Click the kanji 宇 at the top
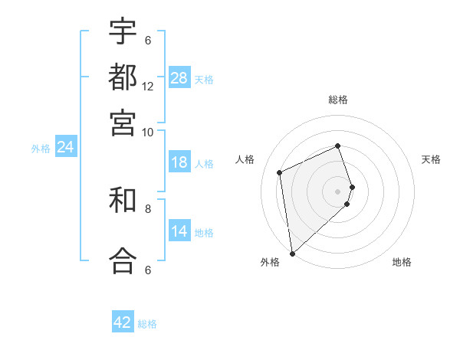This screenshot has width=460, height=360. [123, 31]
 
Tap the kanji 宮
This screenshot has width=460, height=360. [123, 122]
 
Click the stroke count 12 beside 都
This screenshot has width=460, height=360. [148, 87]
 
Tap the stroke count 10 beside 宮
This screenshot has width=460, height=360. [148, 132]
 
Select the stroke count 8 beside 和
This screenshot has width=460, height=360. [148, 208]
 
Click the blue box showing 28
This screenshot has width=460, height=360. [179, 78]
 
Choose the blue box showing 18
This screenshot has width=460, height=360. [179, 162]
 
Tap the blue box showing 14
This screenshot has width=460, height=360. [179, 231]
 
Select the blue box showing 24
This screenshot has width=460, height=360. [65, 147]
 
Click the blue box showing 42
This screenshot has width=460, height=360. [123, 322]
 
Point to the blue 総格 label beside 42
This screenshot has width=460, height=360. [147, 324]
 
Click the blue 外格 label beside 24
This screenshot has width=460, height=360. [41, 149]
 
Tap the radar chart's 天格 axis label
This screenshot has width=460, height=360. [431, 159]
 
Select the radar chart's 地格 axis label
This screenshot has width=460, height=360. [402, 262]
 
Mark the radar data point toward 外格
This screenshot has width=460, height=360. [292, 254]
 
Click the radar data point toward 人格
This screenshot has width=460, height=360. [280, 172]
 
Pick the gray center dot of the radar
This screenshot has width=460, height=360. [337, 191]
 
